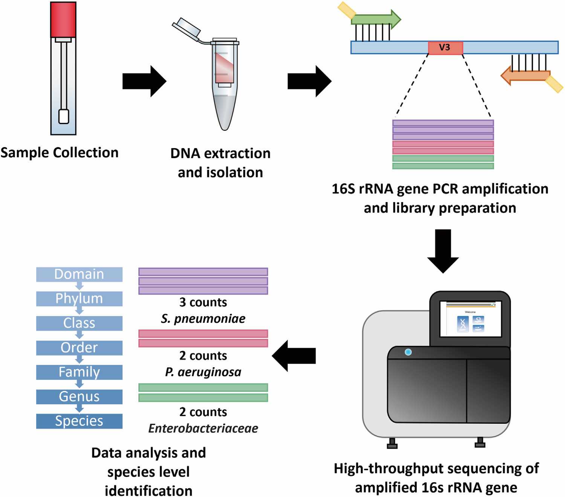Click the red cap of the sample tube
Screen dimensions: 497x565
click(x=63, y=20)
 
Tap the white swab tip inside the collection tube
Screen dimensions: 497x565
click(x=64, y=116)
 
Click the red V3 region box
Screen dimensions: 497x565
click(x=445, y=48)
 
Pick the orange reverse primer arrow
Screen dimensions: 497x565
click(x=525, y=76)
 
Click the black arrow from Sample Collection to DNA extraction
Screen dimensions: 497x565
click(x=144, y=81)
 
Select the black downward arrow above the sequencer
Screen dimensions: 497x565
click(x=443, y=250)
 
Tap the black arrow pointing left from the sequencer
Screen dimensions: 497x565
click(x=294, y=356)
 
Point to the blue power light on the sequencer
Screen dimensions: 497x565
click(x=408, y=352)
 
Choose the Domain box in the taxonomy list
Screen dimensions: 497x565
click(x=79, y=274)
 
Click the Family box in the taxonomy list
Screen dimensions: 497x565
click(x=79, y=372)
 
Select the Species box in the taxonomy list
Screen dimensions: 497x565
click(x=79, y=421)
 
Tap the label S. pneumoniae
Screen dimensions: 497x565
click(x=203, y=319)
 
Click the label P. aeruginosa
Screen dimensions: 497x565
click(x=203, y=372)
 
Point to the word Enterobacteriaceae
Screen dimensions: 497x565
click(x=203, y=428)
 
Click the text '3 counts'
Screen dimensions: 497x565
click(x=203, y=302)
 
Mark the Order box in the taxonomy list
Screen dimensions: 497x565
click(x=79, y=348)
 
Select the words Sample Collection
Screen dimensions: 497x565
click(x=60, y=153)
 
